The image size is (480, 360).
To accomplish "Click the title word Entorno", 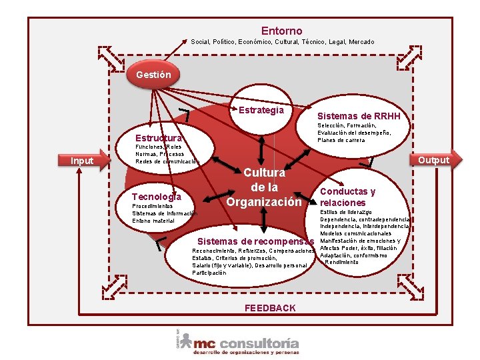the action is pos(281,31).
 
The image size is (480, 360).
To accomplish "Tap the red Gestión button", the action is pos(153,75).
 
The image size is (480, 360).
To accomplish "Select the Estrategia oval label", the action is pos(261,110).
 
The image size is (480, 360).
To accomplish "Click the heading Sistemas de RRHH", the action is pos(359,117).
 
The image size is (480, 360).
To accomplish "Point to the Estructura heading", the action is pos(158,138).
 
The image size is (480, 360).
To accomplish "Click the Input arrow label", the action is pos(83,161).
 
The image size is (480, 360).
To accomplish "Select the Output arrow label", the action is pos(433,160).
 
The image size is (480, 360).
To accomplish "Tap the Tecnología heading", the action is pos(157,197).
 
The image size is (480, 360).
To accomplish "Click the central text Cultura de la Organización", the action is pos(264,187).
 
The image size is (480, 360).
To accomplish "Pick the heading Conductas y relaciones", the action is pos(347,197).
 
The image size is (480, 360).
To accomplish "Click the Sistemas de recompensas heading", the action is pos(256,241).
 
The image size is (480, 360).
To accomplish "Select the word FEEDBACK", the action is pos(270,308).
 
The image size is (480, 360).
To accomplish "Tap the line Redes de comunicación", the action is pos(167,162).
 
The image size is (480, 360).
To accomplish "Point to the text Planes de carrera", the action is pos(341,141).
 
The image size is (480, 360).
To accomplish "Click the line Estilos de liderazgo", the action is pos(346,212).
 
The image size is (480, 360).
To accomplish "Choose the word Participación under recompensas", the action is pos(209,273).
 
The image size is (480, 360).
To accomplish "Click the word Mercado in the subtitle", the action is pos(361,42).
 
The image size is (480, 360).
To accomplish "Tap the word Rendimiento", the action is pos(341,262).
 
